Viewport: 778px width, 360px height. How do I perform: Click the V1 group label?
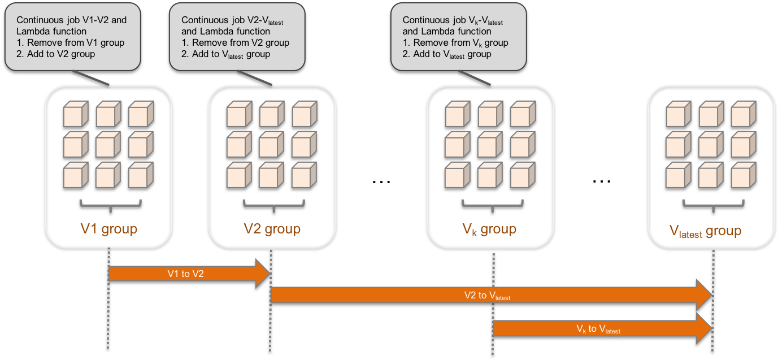click(x=108, y=229)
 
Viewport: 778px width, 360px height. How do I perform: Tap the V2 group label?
click(x=272, y=229)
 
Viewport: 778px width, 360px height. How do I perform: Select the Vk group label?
click(x=489, y=229)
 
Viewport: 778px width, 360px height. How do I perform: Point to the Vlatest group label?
click(x=705, y=231)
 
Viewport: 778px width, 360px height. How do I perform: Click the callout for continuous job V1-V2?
click(x=72, y=37)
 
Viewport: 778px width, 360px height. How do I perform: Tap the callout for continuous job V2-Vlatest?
click(x=237, y=37)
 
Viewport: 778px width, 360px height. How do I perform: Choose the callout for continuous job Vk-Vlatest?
click(x=458, y=37)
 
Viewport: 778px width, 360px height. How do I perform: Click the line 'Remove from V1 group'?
click(x=71, y=42)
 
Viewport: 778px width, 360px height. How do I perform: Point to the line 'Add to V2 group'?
click(x=56, y=54)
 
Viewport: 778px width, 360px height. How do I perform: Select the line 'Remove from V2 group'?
click(x=236, y=42)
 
